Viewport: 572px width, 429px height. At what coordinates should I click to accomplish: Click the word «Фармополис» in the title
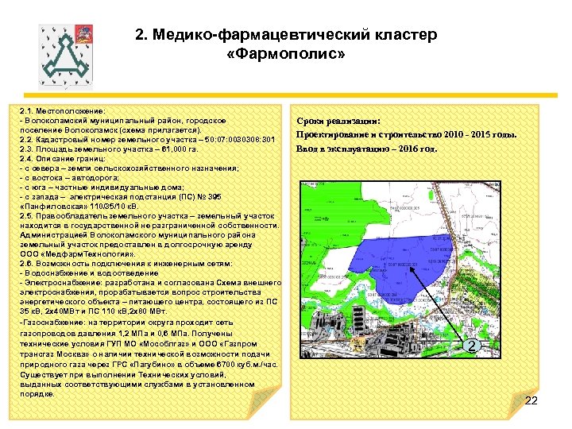(x=285, y=55)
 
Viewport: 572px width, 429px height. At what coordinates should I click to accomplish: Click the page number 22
(x=531, y=400)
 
